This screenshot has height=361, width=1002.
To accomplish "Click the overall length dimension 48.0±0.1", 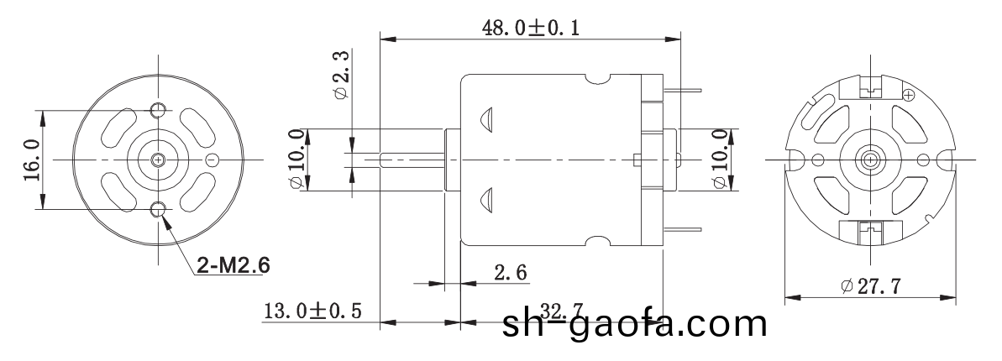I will point(530,28).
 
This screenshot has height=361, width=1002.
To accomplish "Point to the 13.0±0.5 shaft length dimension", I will point(312,311).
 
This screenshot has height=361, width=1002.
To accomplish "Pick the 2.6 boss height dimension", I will point(511,272).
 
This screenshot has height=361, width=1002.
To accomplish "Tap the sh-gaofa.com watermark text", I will point(634,323).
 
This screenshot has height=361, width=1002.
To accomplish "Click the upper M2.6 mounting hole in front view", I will point(158,110).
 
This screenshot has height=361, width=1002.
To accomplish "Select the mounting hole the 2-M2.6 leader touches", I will point(158,208).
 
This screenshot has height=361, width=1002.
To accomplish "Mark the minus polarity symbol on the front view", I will point(212,159).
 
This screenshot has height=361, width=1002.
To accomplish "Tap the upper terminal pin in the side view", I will point(682,89).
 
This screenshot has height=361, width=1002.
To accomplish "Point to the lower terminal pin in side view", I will point(682,229).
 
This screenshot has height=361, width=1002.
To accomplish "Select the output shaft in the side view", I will point(412,159).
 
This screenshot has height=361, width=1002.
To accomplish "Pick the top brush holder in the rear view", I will point(870,85).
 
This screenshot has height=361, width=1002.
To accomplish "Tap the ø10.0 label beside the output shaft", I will point(296,160).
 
